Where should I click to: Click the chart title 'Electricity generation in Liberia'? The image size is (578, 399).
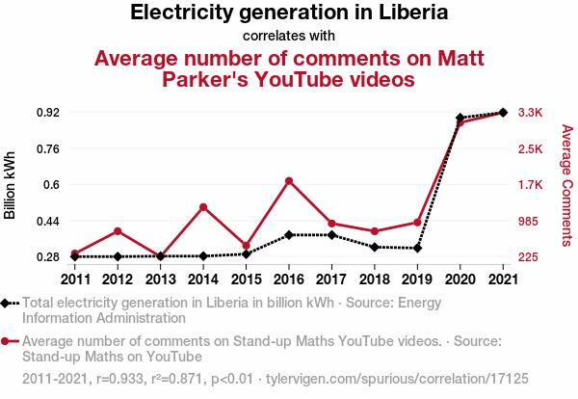[288, 13]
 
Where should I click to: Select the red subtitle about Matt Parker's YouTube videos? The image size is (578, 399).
[289, 68]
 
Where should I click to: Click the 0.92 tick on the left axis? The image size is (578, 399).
[47, 113]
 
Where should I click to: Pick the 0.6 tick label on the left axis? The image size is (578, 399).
[51, 185]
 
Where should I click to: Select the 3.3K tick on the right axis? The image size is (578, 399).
[530, 113]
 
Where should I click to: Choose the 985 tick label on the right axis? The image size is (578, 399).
[530, 222]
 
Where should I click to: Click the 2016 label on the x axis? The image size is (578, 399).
[288, 279]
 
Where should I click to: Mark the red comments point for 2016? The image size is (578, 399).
[288, 180]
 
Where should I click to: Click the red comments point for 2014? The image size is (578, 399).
[203, 206]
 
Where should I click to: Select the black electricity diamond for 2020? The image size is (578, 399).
[460, 118]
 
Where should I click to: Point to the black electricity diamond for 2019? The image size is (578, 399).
[417, 249]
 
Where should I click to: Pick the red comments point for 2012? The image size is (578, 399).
[118, 231]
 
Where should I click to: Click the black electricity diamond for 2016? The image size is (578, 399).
[288, 235]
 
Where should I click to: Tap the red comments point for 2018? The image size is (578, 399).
[374, 231]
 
